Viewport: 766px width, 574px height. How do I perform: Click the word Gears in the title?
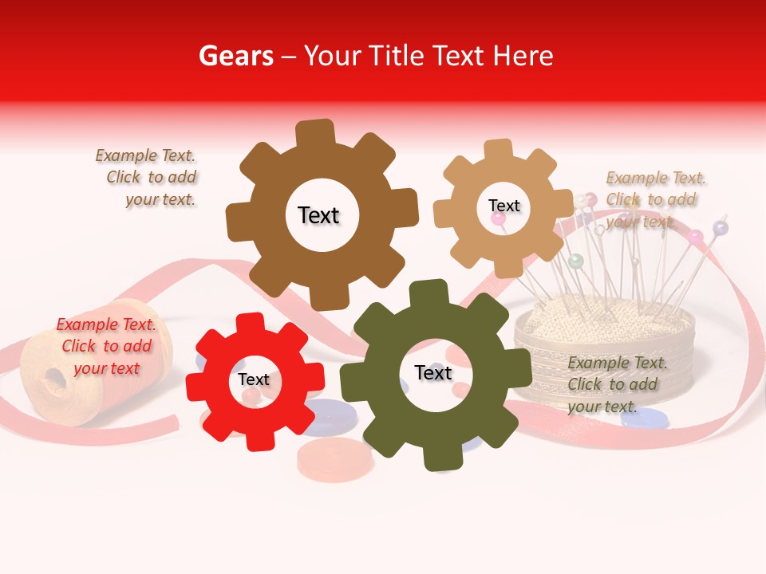[235, 56]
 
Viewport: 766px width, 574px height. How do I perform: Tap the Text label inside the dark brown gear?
[318, 215]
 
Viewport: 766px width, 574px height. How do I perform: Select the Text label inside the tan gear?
[503, 206]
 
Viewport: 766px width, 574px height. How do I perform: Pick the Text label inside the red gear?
[254, 379]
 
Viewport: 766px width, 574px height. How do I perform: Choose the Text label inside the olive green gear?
[433, 372]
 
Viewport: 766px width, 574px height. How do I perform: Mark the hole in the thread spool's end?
[53, 377]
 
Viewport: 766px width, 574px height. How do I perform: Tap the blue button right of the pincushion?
[643, 419]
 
